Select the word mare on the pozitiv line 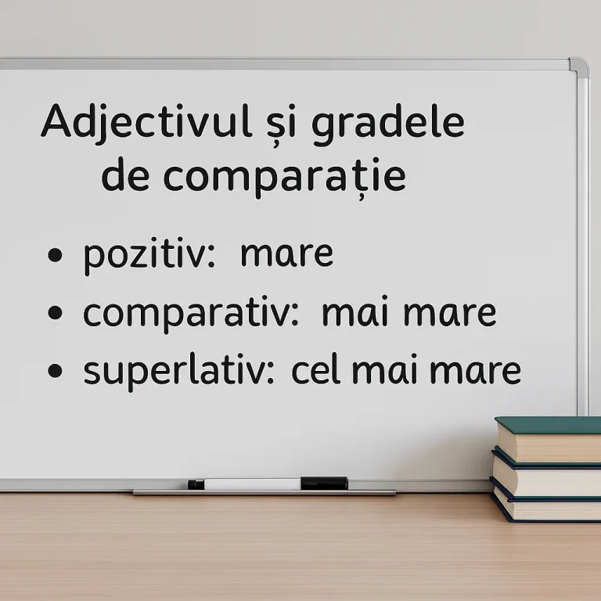(286, 255)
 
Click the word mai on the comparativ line (355, 313)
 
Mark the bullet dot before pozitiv (55, 256)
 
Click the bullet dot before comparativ (55, 313)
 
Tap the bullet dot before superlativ (55, 371)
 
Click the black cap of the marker (324, 483)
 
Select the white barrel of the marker (250, 484)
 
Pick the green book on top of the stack (548, 440)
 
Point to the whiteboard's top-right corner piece (578, 67)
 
